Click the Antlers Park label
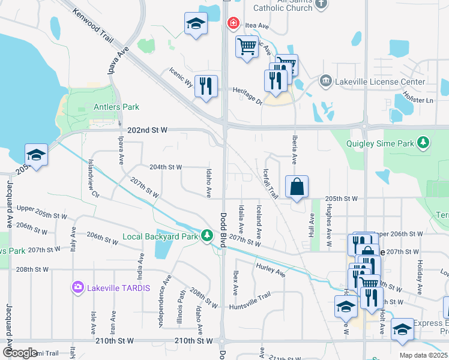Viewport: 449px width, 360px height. click(116, 107)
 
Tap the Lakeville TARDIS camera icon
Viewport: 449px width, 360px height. click(78, 287)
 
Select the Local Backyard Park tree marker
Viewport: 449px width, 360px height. click(207, 236)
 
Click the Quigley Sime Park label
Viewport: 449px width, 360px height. click(381, 143)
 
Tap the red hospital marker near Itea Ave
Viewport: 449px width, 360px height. click(232, 23)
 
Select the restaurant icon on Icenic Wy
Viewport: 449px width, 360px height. click(206, 86)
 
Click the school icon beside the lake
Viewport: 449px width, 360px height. click(36, 155)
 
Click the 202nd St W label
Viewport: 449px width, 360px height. click(147, 130)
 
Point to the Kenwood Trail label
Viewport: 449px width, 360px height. click(91, 25)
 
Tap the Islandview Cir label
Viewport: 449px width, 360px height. click(92, 178)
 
